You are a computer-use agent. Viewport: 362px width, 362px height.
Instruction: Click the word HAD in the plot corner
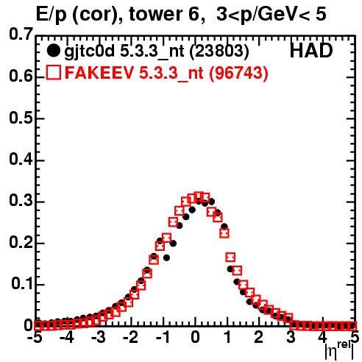tap(311, 51)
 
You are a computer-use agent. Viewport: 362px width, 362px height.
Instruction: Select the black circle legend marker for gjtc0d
tap(53, 51)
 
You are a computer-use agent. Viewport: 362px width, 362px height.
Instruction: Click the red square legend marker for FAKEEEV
tap(53, 72)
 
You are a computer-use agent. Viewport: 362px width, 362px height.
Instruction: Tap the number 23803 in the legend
tap(219, 51)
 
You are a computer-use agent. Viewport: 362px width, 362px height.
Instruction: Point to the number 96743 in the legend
tap(238, 72)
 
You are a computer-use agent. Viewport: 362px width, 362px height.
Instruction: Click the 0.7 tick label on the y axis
tap(21, 34)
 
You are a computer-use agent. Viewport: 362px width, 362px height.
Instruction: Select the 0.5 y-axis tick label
tap(21, 118)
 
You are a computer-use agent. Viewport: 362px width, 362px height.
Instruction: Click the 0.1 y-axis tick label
tap(21, 284)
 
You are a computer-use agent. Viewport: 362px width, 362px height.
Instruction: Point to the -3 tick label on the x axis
tap(99, 338)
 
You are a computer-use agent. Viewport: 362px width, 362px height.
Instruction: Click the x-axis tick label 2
tap(259, 338)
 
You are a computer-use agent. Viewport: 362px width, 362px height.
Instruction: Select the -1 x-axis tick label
tap(163, 338)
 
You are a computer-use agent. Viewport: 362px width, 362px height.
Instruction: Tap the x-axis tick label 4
tap(323, 338)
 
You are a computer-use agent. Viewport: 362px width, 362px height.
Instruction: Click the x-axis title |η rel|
tap(340, 351)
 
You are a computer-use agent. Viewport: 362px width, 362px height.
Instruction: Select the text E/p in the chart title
tap(52, 15)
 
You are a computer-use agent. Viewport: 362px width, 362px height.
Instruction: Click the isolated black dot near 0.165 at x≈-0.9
tap(166, 258)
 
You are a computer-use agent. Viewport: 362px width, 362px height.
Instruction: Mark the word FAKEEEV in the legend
tap(99, 73)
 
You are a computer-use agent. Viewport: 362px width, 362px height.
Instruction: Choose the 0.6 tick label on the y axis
tap(21, 76)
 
